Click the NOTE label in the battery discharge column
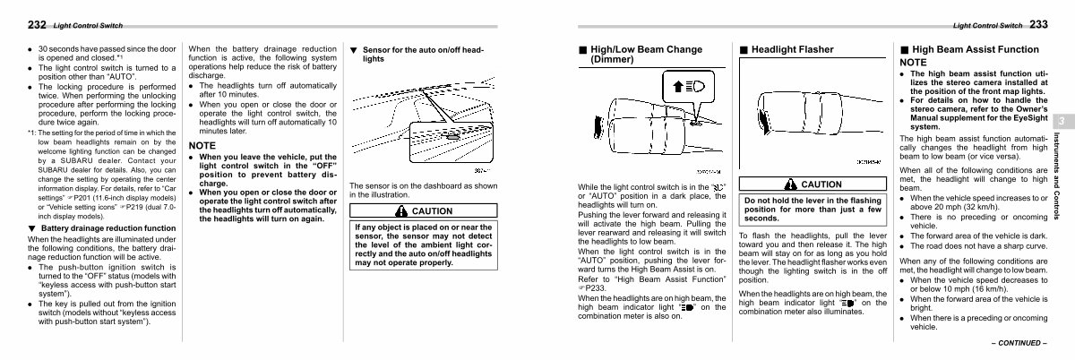click(x=202, y=144)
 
